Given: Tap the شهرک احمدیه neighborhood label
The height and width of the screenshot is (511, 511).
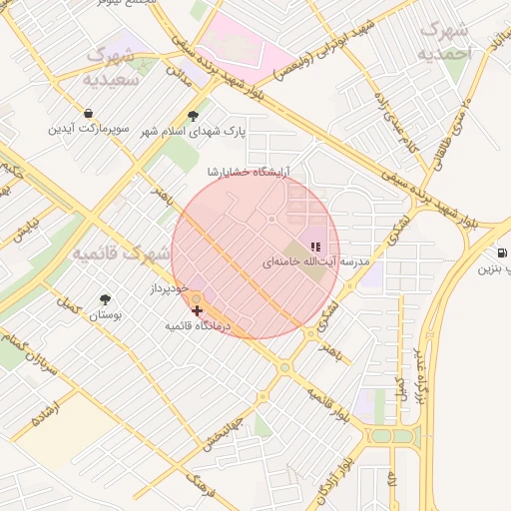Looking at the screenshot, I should (444, 40).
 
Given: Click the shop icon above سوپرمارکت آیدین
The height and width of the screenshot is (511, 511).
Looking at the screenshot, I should (89, 114).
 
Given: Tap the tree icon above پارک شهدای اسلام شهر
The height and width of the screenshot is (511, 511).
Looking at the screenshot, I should (193, 115).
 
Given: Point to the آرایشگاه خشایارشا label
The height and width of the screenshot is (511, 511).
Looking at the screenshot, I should (247, 172).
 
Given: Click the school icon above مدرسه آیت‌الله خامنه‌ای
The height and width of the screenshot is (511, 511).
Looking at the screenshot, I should (315, 246).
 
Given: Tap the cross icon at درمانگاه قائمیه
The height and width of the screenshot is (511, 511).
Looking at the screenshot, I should (196, 311).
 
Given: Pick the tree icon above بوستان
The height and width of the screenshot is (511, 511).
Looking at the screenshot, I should (105, 298).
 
